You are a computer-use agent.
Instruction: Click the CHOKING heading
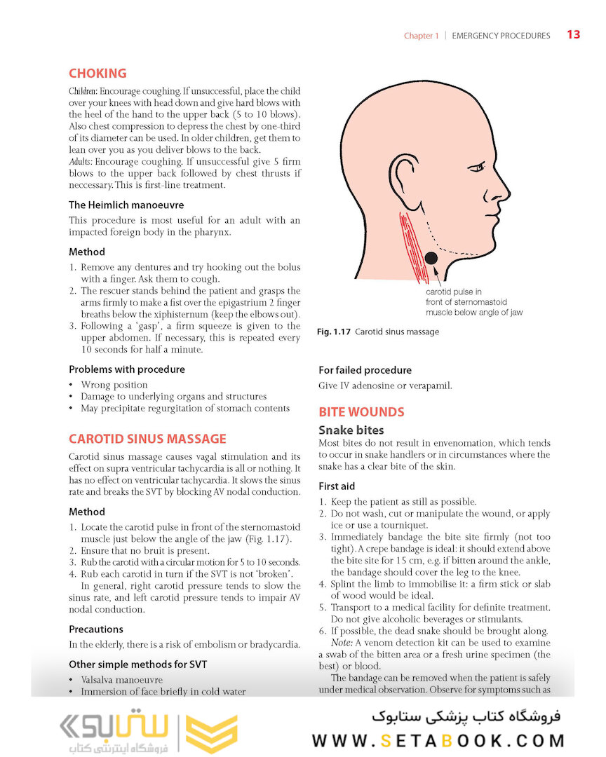point(97,74)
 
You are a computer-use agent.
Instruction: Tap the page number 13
point(573,34)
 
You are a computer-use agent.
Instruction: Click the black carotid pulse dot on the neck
point(431,259)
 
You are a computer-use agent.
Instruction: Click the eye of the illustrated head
point(476,168)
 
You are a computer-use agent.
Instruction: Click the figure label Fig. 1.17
point(334,332)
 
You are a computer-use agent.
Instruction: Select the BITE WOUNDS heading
point(361,412)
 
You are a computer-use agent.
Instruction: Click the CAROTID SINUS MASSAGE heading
point(147,439)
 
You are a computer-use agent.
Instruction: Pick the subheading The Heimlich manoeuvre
point(126,205)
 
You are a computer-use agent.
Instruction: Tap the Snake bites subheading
point(351,430)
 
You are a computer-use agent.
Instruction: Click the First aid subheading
point(337,486)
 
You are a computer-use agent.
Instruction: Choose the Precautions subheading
point(96,629)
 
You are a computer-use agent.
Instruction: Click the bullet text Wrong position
point(114,385)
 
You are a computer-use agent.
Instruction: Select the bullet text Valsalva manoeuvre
point(122,680)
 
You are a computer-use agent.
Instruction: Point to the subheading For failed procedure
point(365,370)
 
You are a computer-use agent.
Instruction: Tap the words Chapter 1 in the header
point(421,36)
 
